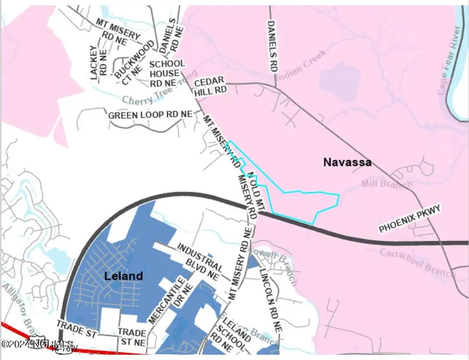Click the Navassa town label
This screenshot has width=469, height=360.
(x=347, y=162)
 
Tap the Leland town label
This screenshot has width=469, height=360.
(x=123, y=276)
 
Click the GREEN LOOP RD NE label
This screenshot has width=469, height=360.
(x=150, y=114)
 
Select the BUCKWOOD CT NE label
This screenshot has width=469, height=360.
(x=128, y=62)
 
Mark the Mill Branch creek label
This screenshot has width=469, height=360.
(x=386, y=183)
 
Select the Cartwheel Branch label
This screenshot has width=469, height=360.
(x=419, y=259)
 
